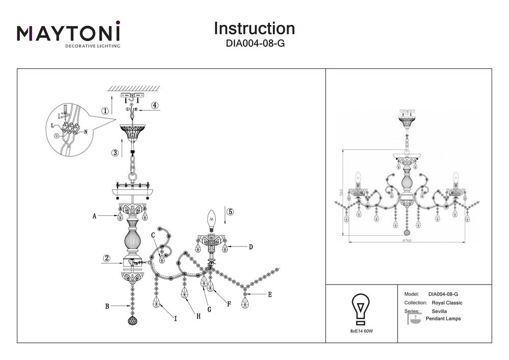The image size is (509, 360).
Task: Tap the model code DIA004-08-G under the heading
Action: point(254,44)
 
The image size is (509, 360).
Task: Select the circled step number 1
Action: point(105,111)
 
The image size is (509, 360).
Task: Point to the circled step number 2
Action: point(106,258)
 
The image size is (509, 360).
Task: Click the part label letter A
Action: point(95,216)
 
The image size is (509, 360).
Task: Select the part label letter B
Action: point(107,306)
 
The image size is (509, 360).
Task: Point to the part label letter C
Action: point(153,235)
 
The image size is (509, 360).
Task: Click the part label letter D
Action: point(250,247)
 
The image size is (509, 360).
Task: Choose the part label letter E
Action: point(270,294)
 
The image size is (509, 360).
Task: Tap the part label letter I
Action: point(175,319)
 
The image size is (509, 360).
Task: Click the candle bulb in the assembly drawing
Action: point(209,220)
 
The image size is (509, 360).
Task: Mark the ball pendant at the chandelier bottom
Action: point(132,321)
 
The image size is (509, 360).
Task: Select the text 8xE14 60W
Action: point(361,331)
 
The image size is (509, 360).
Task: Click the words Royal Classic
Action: point(447,302)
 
